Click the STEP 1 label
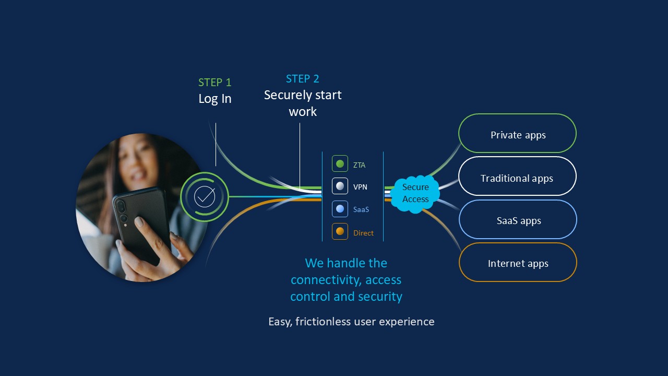click(x=214, y=83)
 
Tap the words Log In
click(x=214, y=99)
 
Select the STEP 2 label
click(x=302, y=79)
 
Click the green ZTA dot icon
click(x=340, y=164)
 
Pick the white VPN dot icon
click(x=340, y=186)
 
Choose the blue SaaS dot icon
click(x=340, y=209)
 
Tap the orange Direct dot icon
click(x=340, y=231)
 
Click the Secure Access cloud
click(x=415, y=193)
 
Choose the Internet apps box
click(x=518, y=263)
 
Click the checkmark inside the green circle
click(x=205, y=196)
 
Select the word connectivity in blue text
click(x=325, y=280)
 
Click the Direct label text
click(x=363, y=233)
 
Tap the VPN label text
click(x=360, y=187)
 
